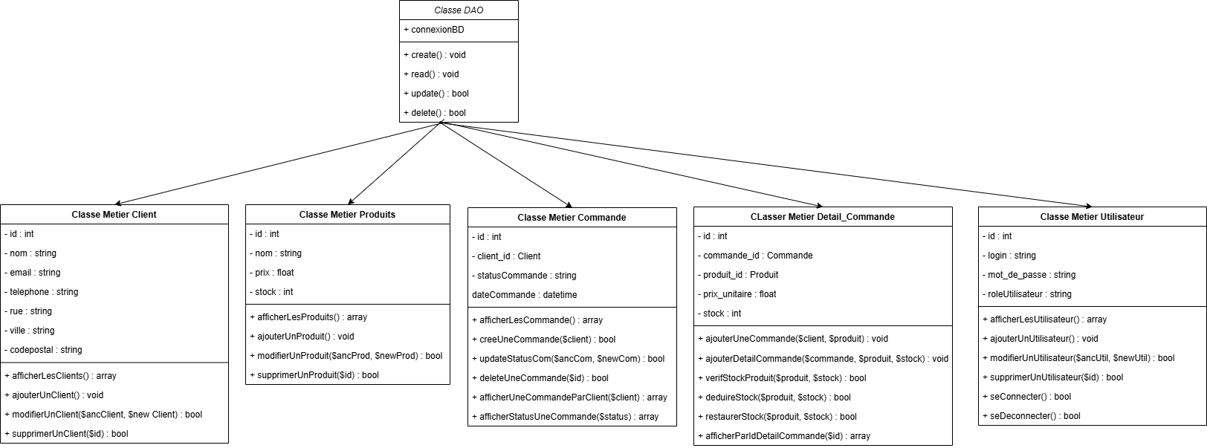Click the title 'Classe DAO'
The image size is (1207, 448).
pyautogui.click(x=458, y=10)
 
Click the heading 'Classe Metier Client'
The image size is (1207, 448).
pyautogui.click(x=114, y=215)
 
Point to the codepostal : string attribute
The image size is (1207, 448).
pyautogui.click(x=45, y=350)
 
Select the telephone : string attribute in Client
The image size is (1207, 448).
pyautogui.click(x=44, y=292)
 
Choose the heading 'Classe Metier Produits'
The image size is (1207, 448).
pyautogui.click(x=347, y=215)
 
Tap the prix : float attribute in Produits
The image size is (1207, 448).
pyautogui.click(x=274, y=273)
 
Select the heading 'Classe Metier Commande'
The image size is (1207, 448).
pyautogui.click(x=572, y=218)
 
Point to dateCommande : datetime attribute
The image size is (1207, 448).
pyautogui.click(x=524, y=295)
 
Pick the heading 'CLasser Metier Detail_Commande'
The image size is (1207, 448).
pyautogui.click(x=822, y=217)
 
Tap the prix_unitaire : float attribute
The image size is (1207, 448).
pyautogui.click(x=739, y=294)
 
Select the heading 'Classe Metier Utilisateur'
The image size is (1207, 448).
pyautogui.click(x=1092, y=217)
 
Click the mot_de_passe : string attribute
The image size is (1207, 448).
pyautogui.click(x=1031, y=275)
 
